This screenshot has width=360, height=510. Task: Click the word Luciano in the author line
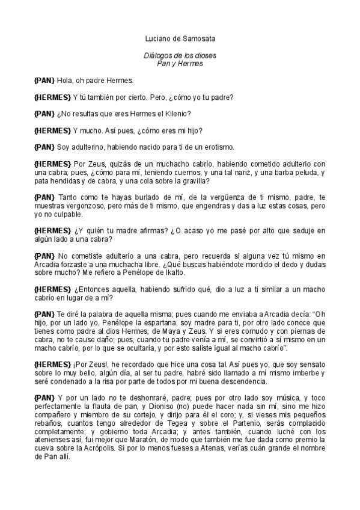(157, 39)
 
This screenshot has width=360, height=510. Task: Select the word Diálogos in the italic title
(157, 55)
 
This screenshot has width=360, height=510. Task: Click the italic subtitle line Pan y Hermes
(180, 63)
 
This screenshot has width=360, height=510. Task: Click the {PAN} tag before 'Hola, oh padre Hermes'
(44, 79)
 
